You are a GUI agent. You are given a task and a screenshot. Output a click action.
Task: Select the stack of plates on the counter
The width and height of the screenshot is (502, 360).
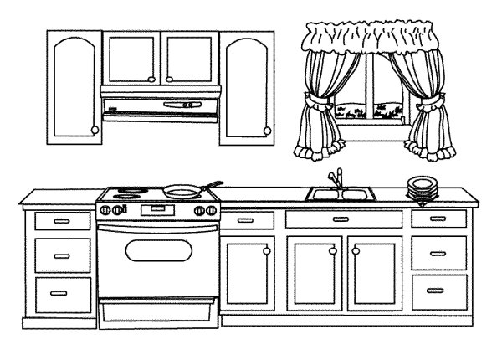click(420, 189)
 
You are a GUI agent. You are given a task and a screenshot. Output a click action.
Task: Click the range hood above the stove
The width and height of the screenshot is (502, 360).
click(159, 104)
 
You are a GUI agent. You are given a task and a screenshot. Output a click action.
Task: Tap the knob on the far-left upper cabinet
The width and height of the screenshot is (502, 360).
click(94, 130)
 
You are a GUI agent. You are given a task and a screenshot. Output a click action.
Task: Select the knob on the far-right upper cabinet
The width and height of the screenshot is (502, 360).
click(267, 130)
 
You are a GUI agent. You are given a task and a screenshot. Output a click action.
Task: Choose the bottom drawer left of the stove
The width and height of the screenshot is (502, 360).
click(62, 292)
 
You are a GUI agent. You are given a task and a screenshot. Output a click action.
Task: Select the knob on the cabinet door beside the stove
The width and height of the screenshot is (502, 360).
click(267, 249)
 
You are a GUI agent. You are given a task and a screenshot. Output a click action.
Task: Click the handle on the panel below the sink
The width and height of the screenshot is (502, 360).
click(341, 219)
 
